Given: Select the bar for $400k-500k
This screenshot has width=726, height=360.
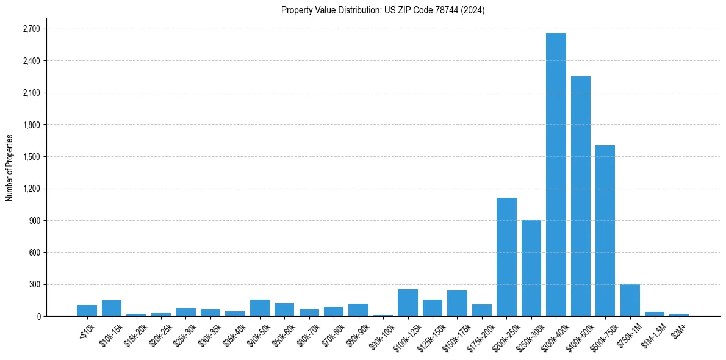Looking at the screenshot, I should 580,196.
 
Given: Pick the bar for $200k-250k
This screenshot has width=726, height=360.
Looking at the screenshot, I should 506,257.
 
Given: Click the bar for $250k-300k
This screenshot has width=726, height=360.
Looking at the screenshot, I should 531,268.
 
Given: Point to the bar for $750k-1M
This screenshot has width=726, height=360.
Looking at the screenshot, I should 630,300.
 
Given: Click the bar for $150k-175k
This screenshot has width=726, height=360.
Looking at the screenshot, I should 457,303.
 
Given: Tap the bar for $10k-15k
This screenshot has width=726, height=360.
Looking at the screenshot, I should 112,308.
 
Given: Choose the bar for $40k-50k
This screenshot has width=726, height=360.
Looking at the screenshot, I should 260,308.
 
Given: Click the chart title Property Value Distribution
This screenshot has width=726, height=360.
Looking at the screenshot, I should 383,10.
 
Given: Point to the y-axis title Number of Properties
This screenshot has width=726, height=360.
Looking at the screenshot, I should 10,167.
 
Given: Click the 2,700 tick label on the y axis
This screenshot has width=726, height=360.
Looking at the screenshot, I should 31,29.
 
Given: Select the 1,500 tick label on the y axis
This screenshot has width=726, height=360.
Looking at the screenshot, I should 31,157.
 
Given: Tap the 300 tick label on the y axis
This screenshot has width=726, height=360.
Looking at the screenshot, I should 34,284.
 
